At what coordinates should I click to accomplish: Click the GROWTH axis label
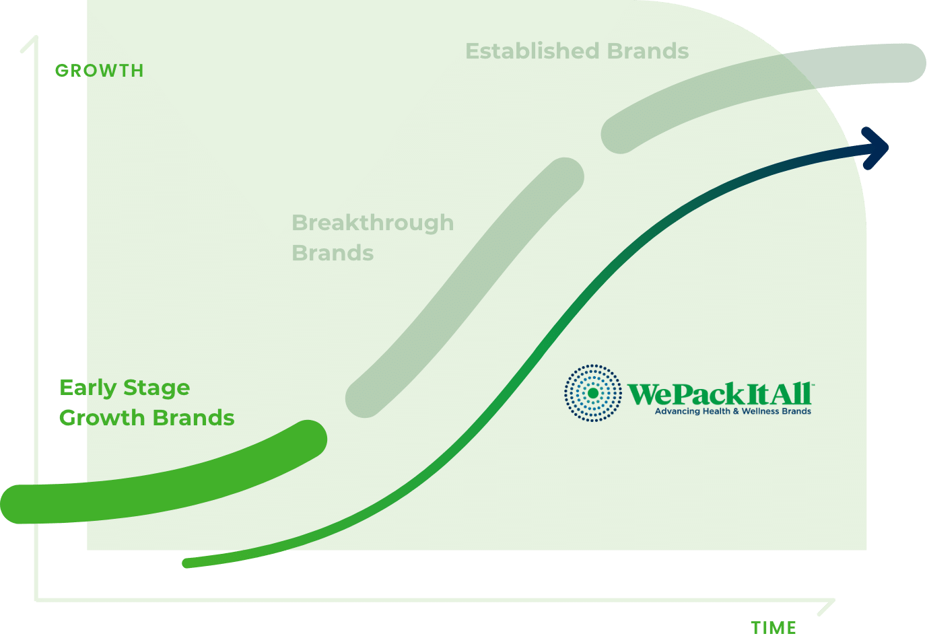pyautogui.click(x=100, y=71)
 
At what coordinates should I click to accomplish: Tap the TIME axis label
pyautogui.click(x=774, y=628)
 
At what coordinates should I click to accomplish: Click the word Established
pyautogui.click(x=533, y=51)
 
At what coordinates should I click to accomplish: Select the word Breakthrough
pyautogui.click(x=373, y=223)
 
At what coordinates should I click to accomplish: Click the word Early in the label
pyautogui.click(x=88, y=388)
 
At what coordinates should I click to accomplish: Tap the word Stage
pyautogui.click(x=157, y=389)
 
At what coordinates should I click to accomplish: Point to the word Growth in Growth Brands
pyautogui.click(x=102, y=418)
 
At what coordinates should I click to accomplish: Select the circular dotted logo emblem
pyautogui.click(x=592, y=393)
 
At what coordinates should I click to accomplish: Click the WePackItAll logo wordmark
pyautogui.click(x=720, y=394)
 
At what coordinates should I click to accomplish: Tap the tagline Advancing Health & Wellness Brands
pyautogui.click(x=733, y=411)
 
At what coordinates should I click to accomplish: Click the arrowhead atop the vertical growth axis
pyautogui.click(x=36, y=38)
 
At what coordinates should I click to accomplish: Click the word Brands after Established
pyautogui.click(x=648, y=51)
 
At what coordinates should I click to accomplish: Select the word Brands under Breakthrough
pyautogui.click(x=333, y=253)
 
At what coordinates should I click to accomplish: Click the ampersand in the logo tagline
pyautogui.click(x=736, y=412)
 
